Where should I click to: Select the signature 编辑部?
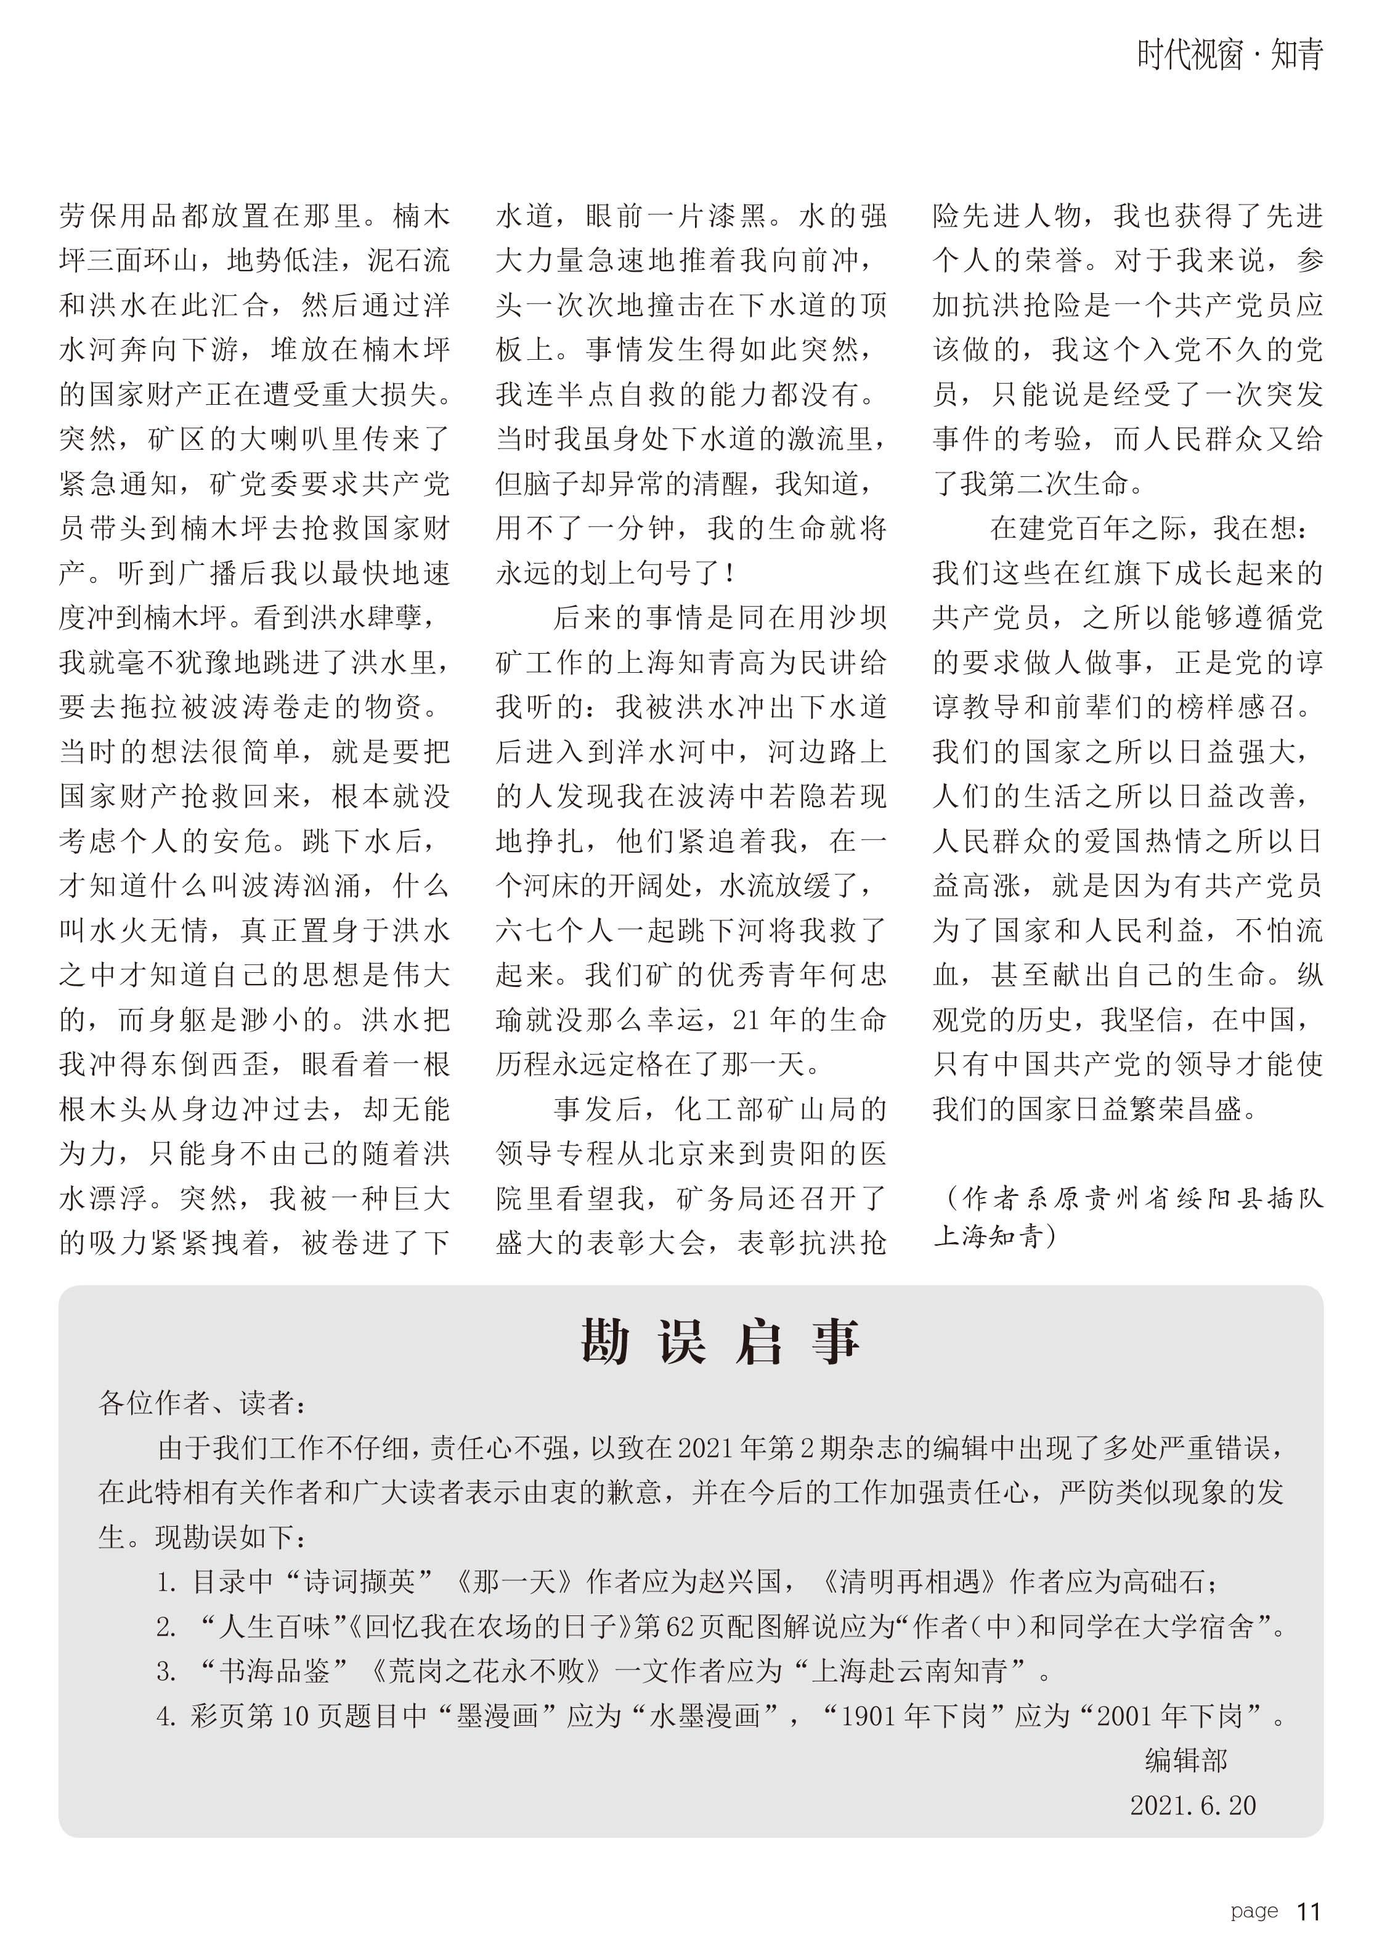(x=1186, y=1759)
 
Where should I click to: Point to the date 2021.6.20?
(x=1193, y=1805)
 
